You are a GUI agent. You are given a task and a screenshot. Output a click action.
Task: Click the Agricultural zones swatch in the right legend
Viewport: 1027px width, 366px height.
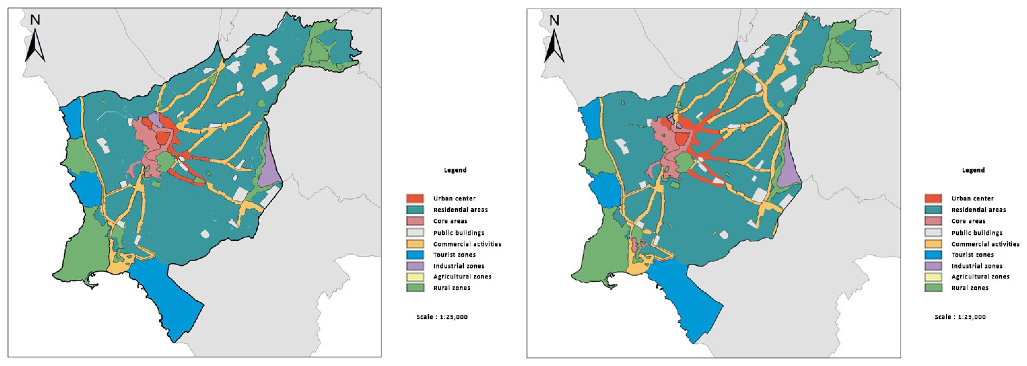(933, 277)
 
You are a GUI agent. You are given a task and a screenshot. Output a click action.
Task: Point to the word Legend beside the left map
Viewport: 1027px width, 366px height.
(455, 170)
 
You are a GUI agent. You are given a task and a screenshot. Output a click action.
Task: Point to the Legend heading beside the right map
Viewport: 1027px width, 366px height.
(973, 170)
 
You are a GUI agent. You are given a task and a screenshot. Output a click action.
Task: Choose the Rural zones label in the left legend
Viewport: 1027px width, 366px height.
(451, 288)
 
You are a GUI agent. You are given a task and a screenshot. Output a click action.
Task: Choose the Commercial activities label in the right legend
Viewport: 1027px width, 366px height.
(985, 244)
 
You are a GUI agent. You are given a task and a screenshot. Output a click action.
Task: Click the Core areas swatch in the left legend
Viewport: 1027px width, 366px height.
(415, 221)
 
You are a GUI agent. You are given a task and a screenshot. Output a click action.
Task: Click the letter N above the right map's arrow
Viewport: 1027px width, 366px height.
(554, 20)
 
